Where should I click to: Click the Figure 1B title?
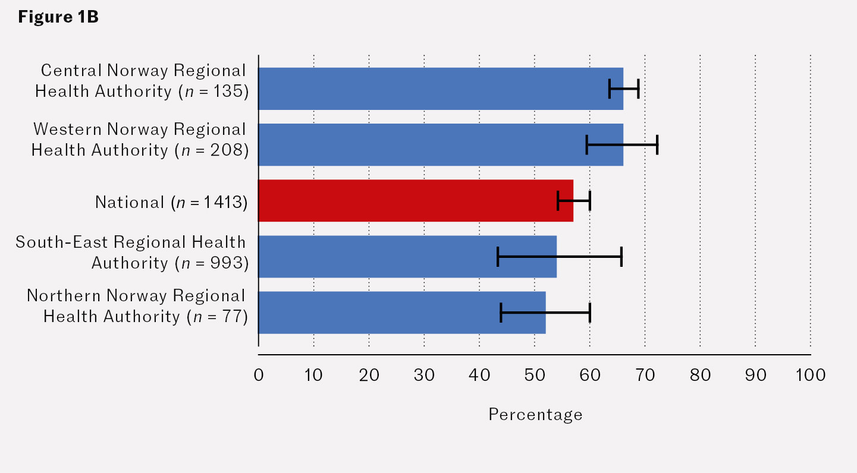(58, 17)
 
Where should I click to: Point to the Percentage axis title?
(535, 414)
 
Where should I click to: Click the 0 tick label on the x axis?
(259, 376)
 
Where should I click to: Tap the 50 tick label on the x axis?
(535, 376)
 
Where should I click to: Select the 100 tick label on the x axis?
(810, 376)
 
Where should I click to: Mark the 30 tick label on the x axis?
(424, 376)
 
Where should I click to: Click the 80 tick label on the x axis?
(700, 376)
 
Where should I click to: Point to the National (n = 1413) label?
(171, 203)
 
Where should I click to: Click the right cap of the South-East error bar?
(621, 256)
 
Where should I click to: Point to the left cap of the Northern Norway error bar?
(501, 313)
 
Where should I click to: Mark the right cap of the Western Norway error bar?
(657, 144)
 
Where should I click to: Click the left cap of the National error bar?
(558, 201)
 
